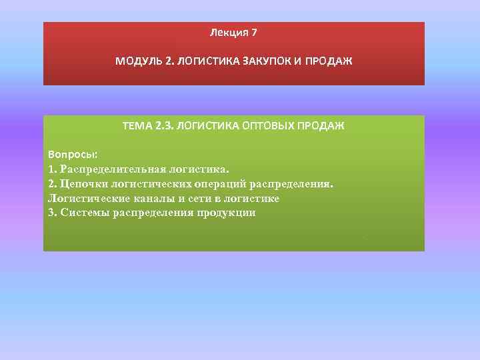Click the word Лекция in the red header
coord(227,32)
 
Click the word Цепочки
coord(83,184)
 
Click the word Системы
coord(85,213)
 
